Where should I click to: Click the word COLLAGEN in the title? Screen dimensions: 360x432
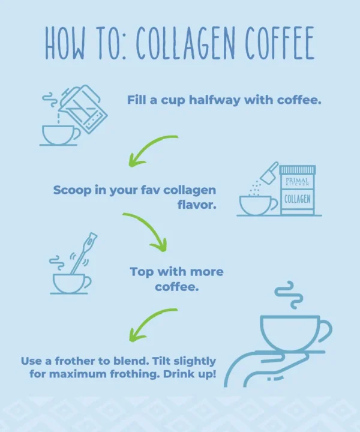[185, 43]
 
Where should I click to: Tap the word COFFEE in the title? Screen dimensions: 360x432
[280, 43]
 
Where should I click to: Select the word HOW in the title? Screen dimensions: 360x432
[65, 43]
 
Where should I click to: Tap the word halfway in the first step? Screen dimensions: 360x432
[215, 100]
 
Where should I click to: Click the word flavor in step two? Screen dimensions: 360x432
[197, 205]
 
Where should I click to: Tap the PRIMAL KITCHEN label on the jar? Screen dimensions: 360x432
[297, 182]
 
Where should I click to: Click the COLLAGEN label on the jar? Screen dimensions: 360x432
[297, 199]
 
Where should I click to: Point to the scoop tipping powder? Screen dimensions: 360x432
[269, 173]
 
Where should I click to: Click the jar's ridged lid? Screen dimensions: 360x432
[297, 169]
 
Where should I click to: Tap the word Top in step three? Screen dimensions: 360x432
[142, 272]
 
